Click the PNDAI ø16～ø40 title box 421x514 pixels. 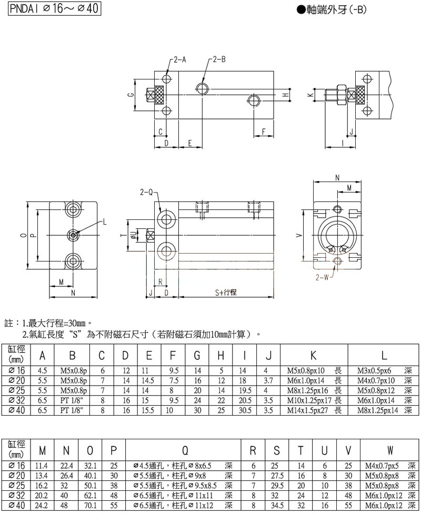(54, 8)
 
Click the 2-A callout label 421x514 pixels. (179, 59)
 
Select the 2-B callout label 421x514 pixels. (219, 59)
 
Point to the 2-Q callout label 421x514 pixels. (147, 193)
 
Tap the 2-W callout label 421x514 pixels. (322, 277)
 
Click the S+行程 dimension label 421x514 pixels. (226, 293)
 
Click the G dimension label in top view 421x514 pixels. (131, 95)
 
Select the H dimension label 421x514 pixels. (286, 95)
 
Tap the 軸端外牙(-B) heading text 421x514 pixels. (332, 10)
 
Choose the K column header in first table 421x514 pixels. (314, 355)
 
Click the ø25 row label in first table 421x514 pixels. (17, 390)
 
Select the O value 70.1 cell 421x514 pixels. (90, 505)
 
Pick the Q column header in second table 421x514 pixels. (185, 451)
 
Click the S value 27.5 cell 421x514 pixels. (277, 476)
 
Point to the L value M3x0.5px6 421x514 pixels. (374, 370)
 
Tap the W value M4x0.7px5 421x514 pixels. (382, 466)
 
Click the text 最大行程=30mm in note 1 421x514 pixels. (57, 324)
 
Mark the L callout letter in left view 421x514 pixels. (105, 222)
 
